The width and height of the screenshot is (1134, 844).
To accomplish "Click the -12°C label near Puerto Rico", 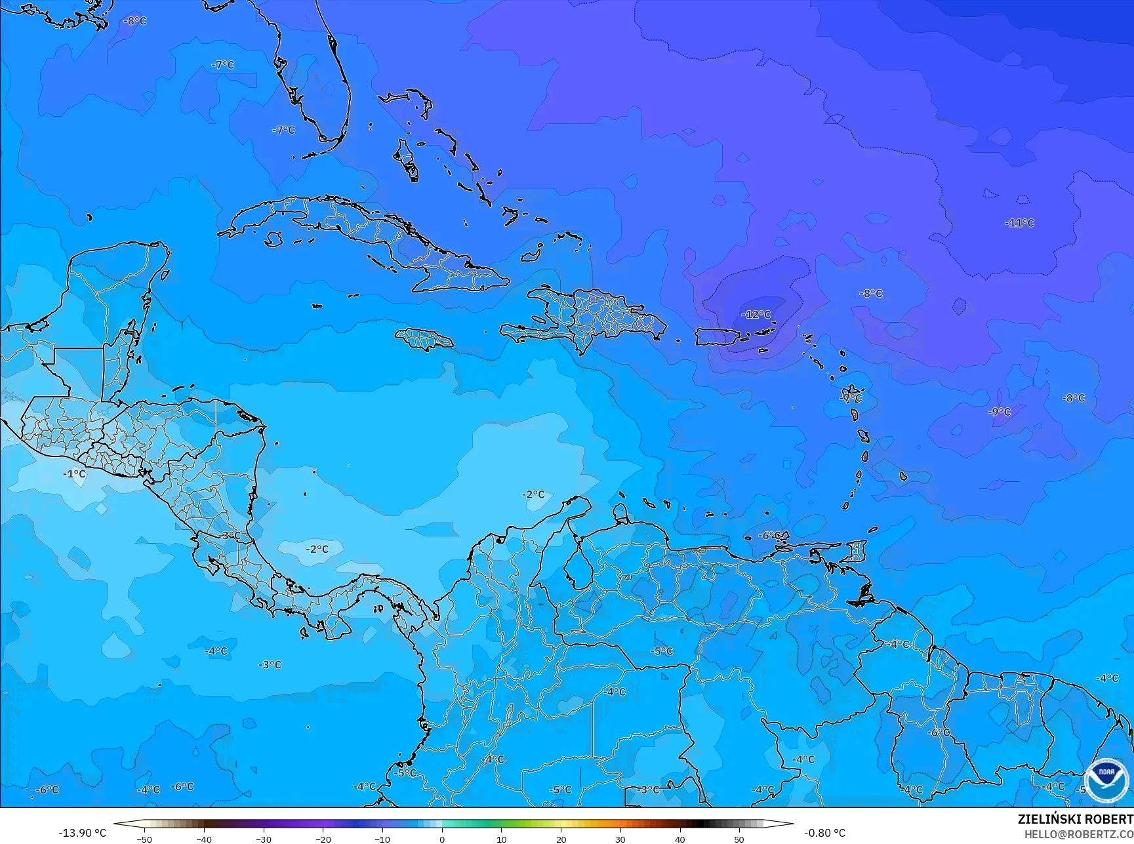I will (756, 315).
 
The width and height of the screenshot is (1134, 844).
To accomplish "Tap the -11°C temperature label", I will (1019, 223).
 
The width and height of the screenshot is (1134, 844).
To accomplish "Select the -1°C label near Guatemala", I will (74, 473).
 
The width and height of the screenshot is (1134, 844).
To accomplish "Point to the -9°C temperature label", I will (1000, 412).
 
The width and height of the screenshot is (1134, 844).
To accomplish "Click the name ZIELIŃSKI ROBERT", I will (1075, 819).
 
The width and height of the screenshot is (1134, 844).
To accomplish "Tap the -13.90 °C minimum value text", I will (82, 833).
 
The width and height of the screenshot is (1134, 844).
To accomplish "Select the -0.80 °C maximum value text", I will (824, 833).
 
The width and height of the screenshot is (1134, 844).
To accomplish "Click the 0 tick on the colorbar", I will (442, 839).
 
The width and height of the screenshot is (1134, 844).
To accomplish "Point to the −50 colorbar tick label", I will (144, 839).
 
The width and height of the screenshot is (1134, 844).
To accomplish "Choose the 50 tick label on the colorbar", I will (739, 839).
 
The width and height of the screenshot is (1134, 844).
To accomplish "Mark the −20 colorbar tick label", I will (322, 839).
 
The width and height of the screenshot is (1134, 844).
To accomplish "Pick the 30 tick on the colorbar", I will (620, 839).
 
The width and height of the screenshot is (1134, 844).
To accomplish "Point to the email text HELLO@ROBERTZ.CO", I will (1079, 834).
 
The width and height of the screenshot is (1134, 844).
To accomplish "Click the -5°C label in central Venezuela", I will (662, 651).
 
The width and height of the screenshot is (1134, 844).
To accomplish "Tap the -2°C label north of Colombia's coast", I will (533, 494).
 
